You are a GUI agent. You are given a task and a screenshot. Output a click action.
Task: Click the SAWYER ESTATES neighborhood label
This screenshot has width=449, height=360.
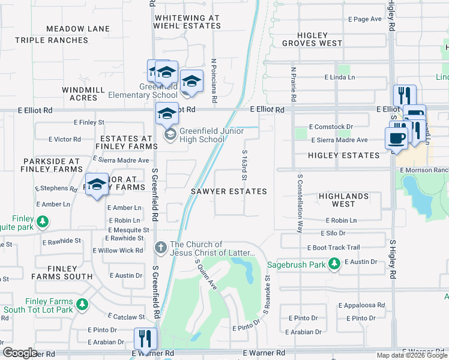tap(229, 191)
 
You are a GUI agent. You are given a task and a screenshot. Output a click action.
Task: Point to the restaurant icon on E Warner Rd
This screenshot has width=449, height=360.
tap(145, 339)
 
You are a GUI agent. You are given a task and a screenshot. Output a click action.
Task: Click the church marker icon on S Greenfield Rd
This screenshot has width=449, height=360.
tap(160, 247)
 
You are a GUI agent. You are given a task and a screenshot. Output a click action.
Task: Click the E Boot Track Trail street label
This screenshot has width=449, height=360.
tap(333, 247)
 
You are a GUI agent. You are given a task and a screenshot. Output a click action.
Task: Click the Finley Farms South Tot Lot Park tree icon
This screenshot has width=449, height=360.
tap(82, 305)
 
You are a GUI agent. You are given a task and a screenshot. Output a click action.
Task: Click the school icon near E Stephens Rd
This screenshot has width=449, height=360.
tap(96, 185)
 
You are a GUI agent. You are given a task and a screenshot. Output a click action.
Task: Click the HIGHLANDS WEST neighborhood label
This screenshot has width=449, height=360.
tap(343, 200)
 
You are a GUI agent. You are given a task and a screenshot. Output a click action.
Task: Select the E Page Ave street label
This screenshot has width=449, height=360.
tap(365, 19)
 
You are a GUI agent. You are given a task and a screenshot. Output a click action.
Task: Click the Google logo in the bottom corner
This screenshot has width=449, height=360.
tap(20, 352)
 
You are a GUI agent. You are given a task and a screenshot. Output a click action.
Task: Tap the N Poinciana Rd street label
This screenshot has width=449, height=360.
tap(214, 77)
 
